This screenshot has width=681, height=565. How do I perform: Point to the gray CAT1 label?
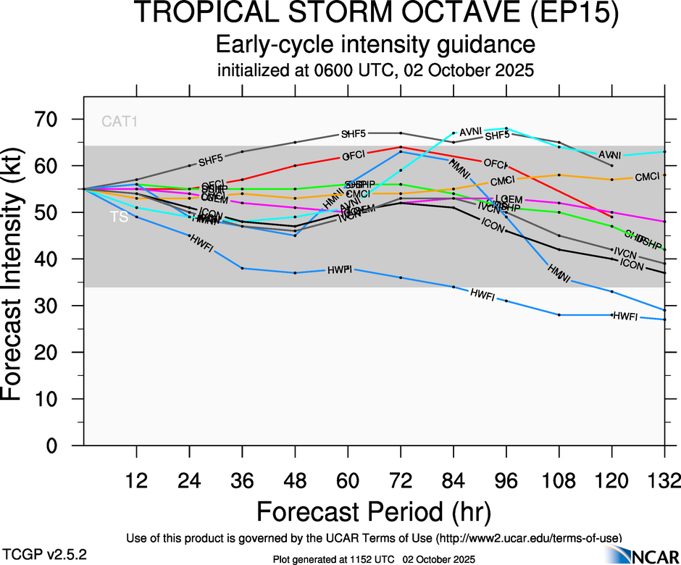coord(120,122)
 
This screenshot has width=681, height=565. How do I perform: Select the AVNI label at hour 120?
coord(610,155)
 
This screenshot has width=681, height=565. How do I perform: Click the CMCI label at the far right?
coord(647,177)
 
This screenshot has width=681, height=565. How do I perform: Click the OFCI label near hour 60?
coord(354,156)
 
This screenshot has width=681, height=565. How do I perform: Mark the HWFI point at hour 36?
coord(242,268)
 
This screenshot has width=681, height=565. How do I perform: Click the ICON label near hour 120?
coord(632,265)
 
